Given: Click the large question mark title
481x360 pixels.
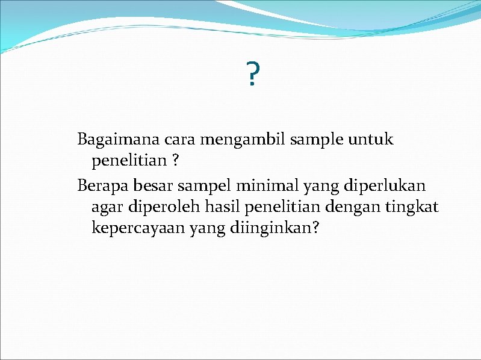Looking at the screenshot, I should click(253, 74).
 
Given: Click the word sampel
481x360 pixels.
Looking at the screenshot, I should click(193, 185).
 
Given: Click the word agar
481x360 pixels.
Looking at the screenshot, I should click(105, 208).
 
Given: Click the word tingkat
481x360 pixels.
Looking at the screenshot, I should click(412, 208).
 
